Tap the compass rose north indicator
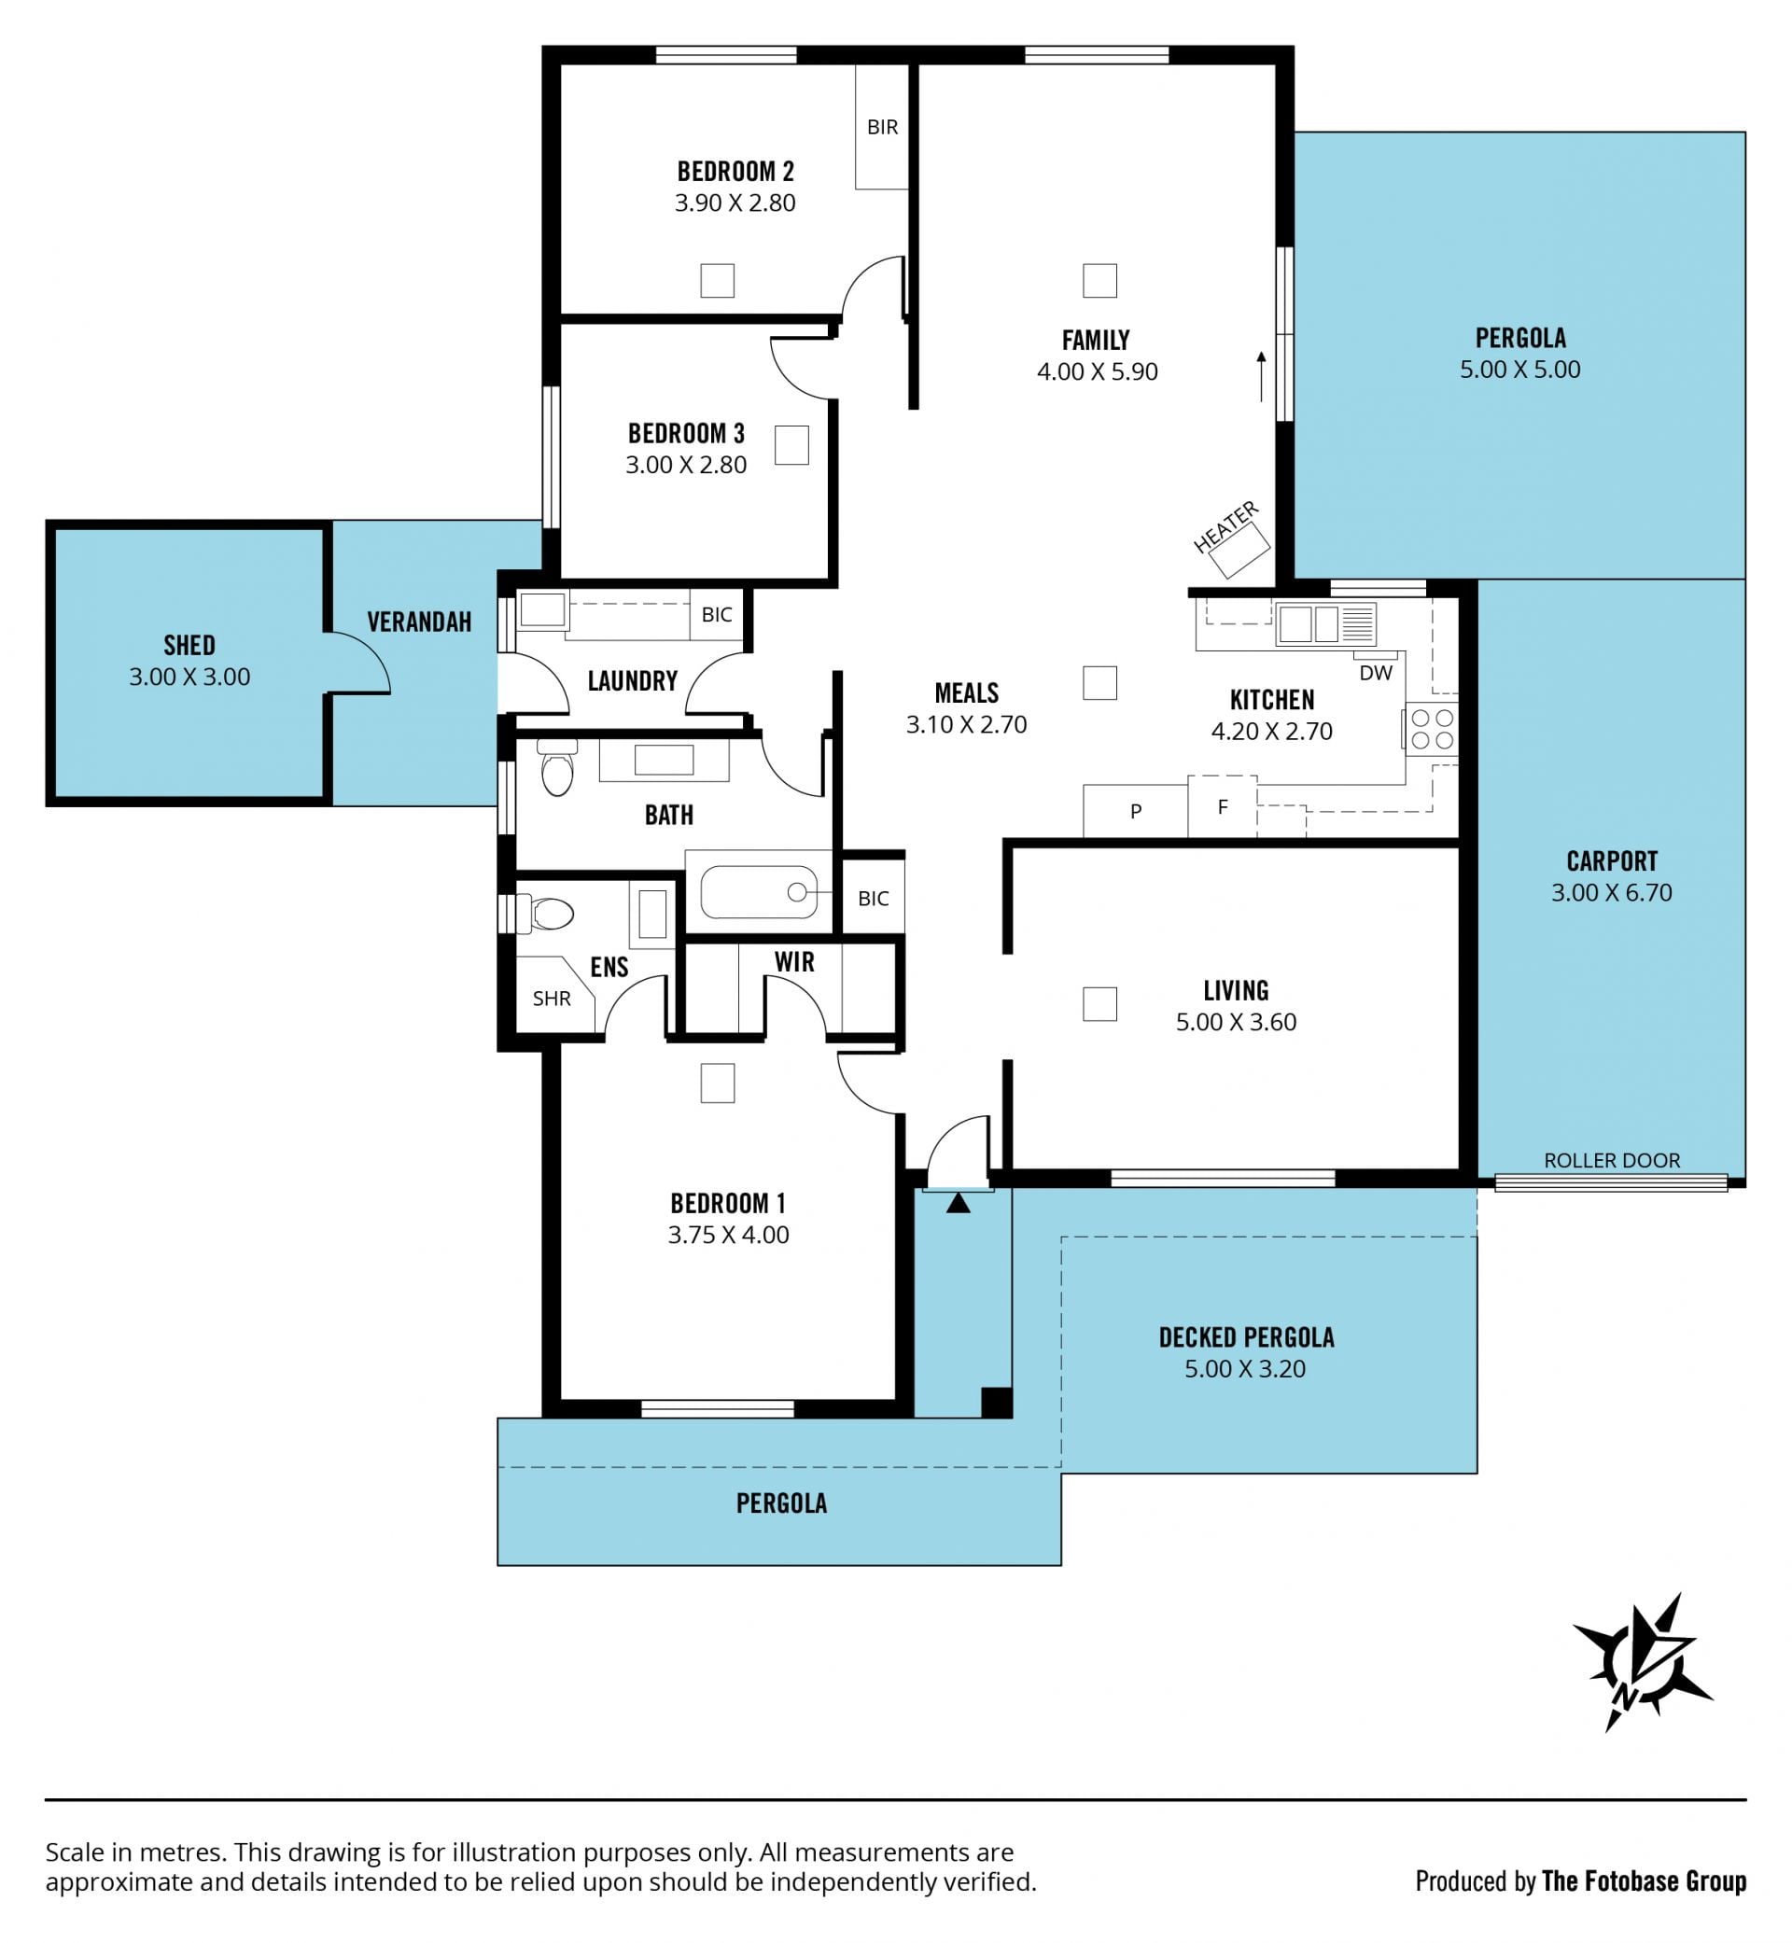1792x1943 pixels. click(1642, 1661)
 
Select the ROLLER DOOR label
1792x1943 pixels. click(1612, 1160)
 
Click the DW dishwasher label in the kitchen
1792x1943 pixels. click(1375, 673)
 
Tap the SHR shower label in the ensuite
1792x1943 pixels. click(552, 999)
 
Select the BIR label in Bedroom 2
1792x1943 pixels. click(882, 127)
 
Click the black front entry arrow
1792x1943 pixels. click(958, 1203)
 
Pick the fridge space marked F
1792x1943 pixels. click(1223, 806)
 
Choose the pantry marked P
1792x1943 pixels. click(1136, 812)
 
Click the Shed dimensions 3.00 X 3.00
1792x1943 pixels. click(190, 677)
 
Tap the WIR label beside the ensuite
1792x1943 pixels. click(794, 962)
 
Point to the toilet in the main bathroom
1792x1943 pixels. click(557, 768)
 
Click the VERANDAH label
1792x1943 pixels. click(419, 622)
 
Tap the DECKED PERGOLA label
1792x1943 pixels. click(1246, 1338)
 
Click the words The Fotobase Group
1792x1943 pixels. click(1644, 1882)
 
